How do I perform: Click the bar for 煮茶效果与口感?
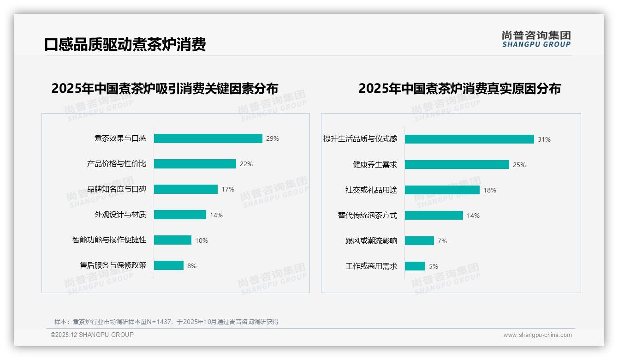tap(208, 138)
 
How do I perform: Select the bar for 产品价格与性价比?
tap(195, 164)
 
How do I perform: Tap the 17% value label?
tap(228, 189)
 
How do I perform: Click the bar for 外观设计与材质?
tap(180, 215)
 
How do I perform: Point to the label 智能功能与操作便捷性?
tap(109, 240)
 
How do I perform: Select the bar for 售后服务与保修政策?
tap(169, 265)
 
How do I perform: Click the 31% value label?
tap(544, 139)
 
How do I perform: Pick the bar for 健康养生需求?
tap(457, 165)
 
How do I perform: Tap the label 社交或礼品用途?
tap(371, 190)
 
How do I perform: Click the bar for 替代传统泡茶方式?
tap(434, 216)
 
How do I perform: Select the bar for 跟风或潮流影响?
tap(419, 241)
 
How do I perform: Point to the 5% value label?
tap(434, 266)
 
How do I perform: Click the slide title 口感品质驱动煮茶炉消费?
tap(125, 44)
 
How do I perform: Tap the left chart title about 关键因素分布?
tap(165, 89)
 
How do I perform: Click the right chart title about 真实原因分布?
tap(459, 89)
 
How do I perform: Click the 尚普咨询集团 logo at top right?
tap(536, 39)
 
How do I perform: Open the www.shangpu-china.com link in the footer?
tap(537, 335)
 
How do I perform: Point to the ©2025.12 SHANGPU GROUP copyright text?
tap(92, 335)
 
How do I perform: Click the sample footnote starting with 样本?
tap(166, 322)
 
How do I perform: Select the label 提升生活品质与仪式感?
tap(360, 139)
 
